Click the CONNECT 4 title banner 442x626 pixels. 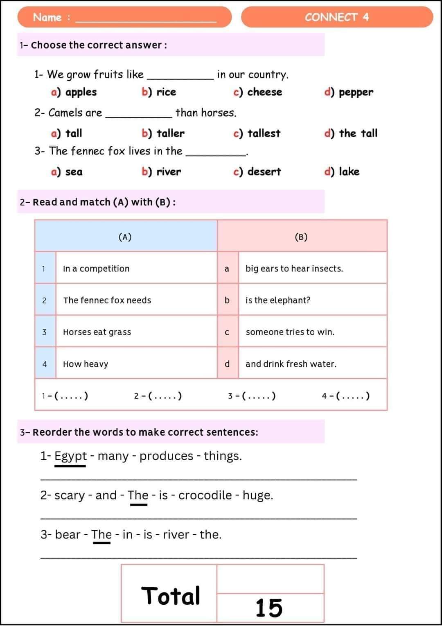click(337, 17)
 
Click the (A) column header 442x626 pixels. click(125, 237)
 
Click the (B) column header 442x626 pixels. click(301, 237)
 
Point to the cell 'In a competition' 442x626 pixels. click(96, 269)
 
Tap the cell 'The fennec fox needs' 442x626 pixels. click(107, 300)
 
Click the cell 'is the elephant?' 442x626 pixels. click(278, 300)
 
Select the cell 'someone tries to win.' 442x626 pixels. click(290, 332)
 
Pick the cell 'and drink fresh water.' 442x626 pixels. click(291, 364)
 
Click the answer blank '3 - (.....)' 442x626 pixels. click(252, 396)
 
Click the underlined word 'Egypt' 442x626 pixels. click(70, 456)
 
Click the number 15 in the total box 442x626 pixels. click(269, 608)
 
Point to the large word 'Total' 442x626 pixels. click(171, 596)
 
